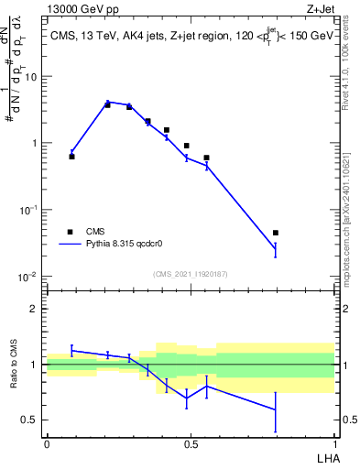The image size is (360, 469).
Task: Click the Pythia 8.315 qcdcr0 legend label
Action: tap(125, 245)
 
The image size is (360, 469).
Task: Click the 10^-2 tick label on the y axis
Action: tap(28, 276)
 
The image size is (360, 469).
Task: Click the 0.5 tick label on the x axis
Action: tap(191, 443)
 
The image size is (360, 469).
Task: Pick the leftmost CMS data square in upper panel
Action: tap(71, 157)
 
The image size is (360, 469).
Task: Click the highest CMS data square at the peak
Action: tap(108, 104)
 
